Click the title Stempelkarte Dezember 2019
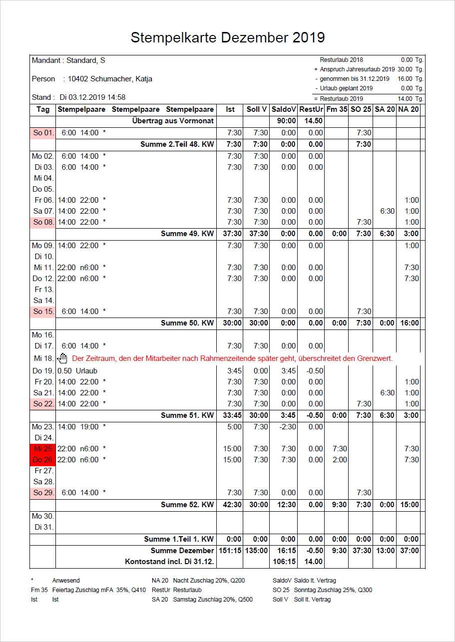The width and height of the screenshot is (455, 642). pos(227,37)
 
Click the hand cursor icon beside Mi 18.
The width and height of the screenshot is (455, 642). pos(62,358)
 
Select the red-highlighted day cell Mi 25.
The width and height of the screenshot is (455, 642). pos(43,449)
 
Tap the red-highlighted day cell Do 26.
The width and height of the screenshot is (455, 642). pos(43,460)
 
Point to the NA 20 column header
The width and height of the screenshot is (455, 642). pos(408,109)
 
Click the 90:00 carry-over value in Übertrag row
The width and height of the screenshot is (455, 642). pos(286,121)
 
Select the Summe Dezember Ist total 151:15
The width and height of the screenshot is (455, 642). pos(230,551)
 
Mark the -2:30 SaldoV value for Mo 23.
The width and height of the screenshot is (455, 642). pos(288,427)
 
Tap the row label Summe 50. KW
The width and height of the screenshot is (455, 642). pos(187,323)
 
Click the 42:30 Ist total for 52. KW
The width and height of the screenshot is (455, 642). pos(232,505)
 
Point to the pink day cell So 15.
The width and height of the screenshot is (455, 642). pos(43,312)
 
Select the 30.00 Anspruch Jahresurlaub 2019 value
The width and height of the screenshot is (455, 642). pos(405,69)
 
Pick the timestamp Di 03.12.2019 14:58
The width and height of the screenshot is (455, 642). pos(92,97)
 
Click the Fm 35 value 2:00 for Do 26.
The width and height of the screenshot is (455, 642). pos(340,460)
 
